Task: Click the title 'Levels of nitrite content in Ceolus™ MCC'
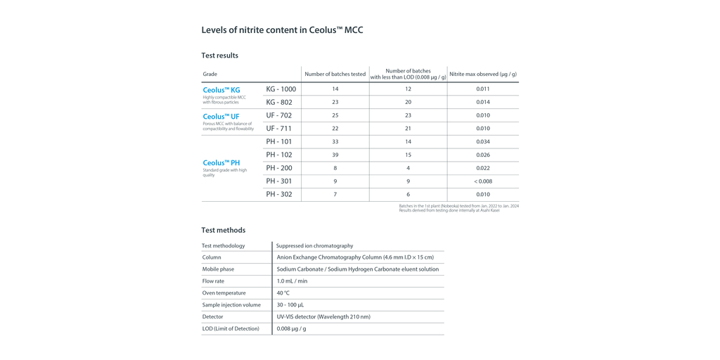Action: coord(282,30)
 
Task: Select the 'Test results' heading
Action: coord(219,56)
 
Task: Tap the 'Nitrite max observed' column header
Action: coord(482,74)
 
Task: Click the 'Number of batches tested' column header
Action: coord(335,74)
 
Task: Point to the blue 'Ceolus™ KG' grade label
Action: coord(221,90)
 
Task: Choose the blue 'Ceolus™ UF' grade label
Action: coord(221,117)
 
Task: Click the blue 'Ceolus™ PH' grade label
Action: coord(221,163)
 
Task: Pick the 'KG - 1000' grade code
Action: coord(281,89)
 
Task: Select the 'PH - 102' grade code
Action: coord(279,155)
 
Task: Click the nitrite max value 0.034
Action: coord(482,141)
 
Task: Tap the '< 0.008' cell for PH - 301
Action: coord(482,181)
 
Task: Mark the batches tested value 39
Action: coord(335,155)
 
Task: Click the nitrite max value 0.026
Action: coord(482,155)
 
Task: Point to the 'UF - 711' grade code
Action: coord(279,129)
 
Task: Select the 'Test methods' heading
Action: coord(223,230)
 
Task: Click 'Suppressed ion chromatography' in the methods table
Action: coord(314,246)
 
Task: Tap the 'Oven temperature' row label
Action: coord(224,293)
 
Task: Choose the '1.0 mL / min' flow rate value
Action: coord(292,281)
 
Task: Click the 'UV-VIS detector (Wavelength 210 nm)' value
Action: coord(323,317)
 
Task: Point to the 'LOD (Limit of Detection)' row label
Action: coord(231,329)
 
